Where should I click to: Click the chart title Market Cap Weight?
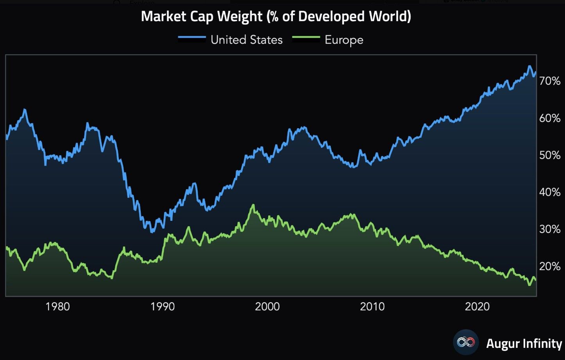276,16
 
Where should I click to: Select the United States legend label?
246,40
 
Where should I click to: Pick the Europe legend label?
344,40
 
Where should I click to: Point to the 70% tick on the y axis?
550,81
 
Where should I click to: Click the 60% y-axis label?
550,118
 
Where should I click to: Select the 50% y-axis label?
550,155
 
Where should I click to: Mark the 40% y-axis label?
550,192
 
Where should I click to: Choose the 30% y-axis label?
550,229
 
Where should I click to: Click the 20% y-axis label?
550,266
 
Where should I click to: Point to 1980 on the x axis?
57,306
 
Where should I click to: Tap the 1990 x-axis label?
163,306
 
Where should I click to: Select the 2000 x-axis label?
267,306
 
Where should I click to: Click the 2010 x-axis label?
372,306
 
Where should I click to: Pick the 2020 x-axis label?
477,306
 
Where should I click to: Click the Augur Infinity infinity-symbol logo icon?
466,342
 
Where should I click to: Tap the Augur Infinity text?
524,343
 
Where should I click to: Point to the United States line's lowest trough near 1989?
152,232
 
